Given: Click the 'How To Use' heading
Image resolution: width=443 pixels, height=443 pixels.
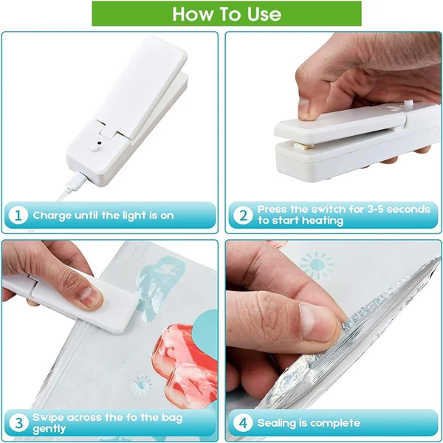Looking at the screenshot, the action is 227,14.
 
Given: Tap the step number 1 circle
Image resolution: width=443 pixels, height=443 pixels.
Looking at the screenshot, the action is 18,216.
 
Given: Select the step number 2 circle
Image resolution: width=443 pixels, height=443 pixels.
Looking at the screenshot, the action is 243,216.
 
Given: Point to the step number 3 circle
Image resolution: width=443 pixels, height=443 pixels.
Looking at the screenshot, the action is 18,423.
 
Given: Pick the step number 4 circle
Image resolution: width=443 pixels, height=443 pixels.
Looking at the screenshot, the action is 243,423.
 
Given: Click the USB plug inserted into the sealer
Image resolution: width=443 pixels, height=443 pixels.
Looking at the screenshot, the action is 76,181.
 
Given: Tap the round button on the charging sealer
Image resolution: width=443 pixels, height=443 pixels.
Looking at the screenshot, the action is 95,147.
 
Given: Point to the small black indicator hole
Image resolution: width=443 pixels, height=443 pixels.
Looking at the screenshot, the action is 99,142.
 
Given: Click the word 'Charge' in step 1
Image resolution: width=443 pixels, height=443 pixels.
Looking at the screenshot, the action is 52,216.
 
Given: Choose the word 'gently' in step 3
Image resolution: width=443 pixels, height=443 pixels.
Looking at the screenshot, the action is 49,429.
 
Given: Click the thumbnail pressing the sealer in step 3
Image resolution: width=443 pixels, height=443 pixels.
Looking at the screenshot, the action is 90,298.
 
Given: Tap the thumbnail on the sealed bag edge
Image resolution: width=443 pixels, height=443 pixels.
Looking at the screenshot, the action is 317,322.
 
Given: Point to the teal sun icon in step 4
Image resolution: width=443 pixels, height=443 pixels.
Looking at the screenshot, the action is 317,265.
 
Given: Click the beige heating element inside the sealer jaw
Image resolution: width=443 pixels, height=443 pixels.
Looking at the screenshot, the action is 303,145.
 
